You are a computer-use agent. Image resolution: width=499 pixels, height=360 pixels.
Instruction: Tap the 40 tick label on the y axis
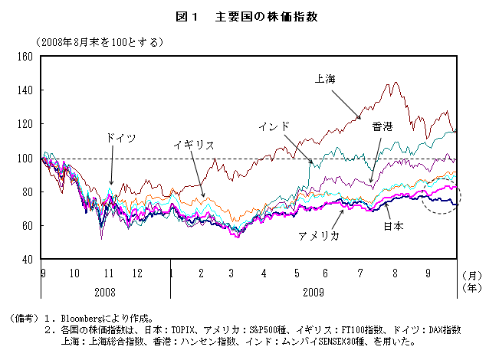25,260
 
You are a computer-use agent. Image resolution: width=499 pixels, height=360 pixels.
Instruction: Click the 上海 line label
325,78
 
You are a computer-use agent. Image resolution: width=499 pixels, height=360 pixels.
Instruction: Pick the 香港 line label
382,126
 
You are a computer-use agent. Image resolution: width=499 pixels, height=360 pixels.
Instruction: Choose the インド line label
274,126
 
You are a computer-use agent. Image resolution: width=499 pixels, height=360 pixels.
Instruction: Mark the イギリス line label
193,144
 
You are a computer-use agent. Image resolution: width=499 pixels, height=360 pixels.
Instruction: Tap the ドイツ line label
121,138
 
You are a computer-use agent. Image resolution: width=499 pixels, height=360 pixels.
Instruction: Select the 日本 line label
393,226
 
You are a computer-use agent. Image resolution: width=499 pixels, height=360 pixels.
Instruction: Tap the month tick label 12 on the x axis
137,273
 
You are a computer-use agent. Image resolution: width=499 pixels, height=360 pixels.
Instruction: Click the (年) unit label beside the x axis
476,288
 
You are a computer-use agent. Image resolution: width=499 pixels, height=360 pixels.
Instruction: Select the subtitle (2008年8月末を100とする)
96,41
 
